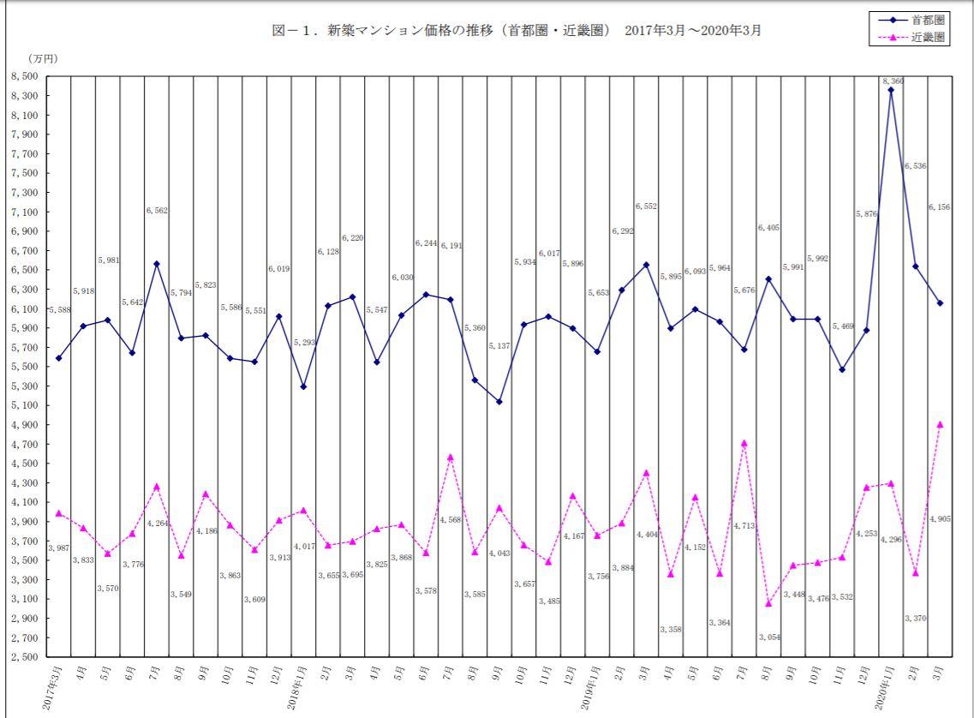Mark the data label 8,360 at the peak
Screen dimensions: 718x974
[x=893, y=81]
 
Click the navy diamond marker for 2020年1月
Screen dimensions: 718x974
[x=891, y=90]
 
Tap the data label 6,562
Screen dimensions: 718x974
[x=156, y=210]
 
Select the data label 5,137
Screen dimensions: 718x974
[x=500, y=346]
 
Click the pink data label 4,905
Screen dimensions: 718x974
[x=941, y=517]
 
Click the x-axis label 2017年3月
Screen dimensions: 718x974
[x=52, y=691]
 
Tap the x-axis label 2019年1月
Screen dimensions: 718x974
[x=591, y=691]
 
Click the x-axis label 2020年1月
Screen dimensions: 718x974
[x=885, y=691]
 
